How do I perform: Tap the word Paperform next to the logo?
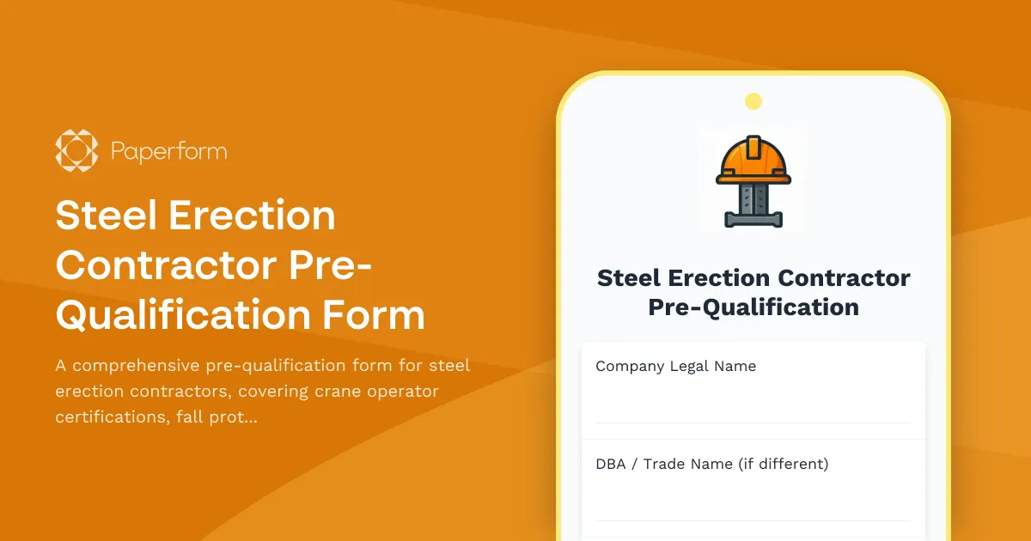pyautogui.click(x=168, y=152)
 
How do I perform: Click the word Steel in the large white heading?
pyautogui.click(x=107, y=215)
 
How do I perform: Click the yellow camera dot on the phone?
pyautogui.click(x=753, y=101)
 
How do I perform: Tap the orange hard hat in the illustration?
pyautogui.click(x=753, y=160)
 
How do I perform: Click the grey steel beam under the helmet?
pyautogui.click(x=753, y=204)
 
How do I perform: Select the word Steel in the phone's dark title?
pyautogui.click(x=631, y=278)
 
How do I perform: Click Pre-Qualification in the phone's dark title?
pyautogui.click(x=753, y=307)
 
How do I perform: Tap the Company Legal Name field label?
pyautogui.click(x=675, y=366)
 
